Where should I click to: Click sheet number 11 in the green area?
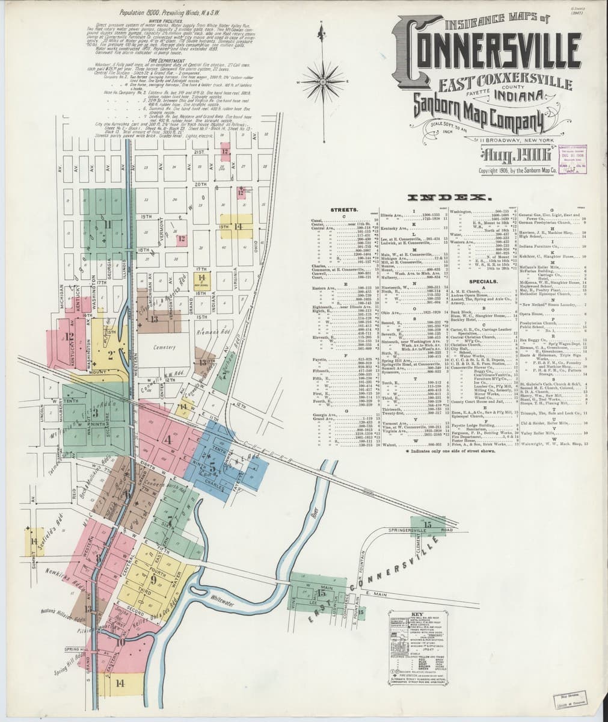pyautogui.click(x=108, y=226)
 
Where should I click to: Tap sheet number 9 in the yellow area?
pyautogui.click(x=154, y=580)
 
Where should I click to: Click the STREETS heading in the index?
pyautogui.click(x=344, y=209)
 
